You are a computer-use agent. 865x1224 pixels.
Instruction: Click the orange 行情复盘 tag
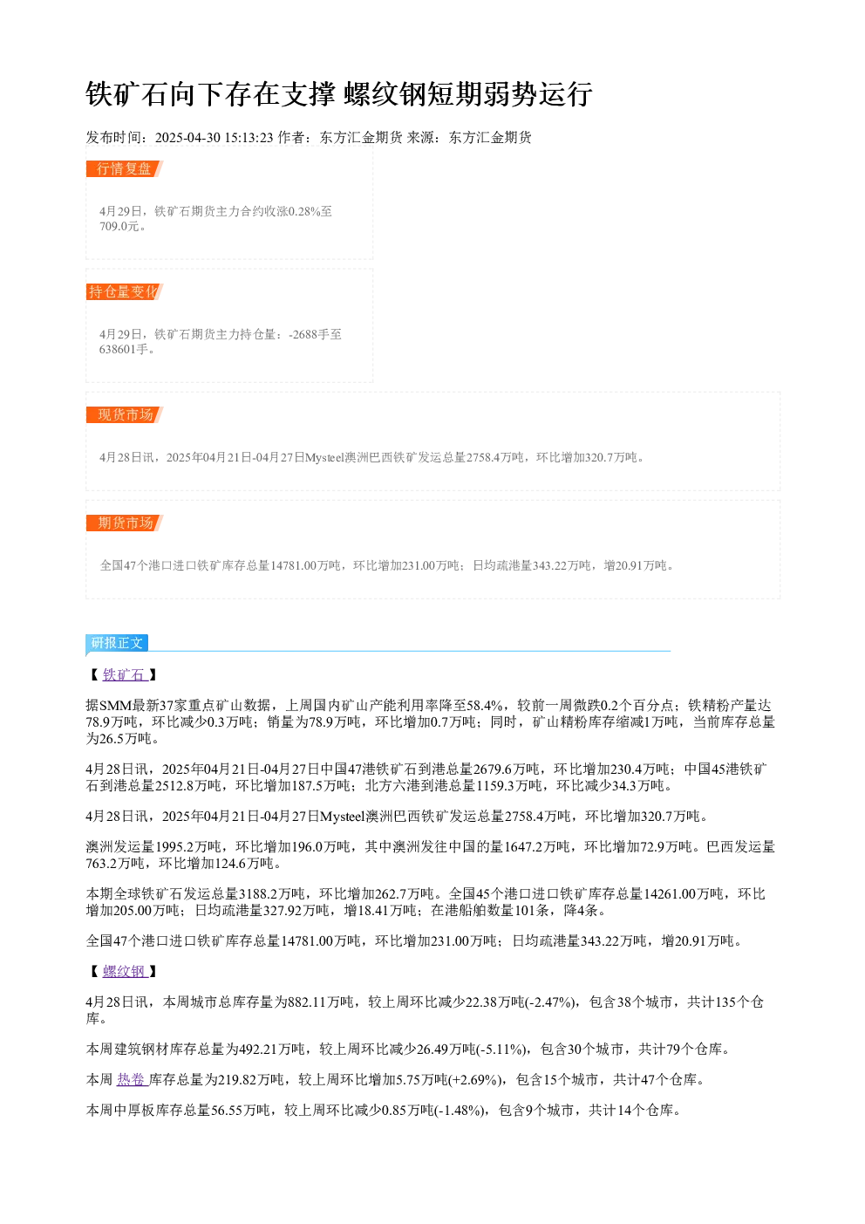125,169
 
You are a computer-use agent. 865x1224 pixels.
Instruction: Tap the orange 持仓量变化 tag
125,291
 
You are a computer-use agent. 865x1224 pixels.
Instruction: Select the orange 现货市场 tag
125,414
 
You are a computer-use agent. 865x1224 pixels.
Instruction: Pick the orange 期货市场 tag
125,523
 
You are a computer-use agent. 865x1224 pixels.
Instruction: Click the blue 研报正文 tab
117,643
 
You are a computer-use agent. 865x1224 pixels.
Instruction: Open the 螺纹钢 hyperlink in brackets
125,971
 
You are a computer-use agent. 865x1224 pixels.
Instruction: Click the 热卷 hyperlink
133,1079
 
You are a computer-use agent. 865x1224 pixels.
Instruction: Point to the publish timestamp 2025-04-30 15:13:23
214,138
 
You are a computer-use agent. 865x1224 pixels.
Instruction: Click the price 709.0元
119,226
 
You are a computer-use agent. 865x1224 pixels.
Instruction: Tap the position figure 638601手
124,349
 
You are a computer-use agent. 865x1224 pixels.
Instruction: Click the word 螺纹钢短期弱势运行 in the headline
468,94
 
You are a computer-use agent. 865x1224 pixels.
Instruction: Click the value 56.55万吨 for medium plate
241,1110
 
